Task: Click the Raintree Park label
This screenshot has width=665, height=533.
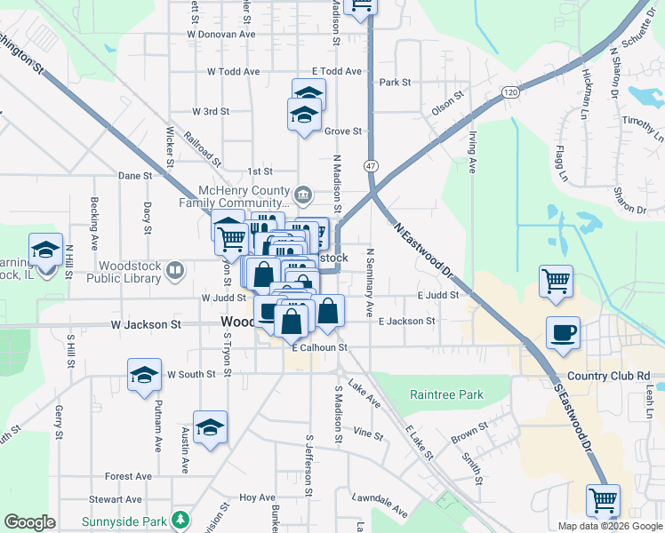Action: (445, 394)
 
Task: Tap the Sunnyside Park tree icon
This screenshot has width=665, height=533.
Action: (181, 519)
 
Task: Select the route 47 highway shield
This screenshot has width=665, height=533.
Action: (371, 166)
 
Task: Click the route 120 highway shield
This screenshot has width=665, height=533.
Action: (509, 91)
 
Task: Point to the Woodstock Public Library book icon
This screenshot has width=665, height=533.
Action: (176, 269)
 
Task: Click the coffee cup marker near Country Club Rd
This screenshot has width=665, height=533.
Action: (563, 334)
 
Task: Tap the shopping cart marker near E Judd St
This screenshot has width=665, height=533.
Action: (556, 282)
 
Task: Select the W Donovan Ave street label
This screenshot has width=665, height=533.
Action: (220, 34)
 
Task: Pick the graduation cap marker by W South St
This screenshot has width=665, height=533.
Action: (144, 376)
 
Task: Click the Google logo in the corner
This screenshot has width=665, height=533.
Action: (29, 522)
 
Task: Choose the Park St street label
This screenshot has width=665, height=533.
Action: (394, 82)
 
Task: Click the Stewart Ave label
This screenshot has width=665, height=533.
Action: (121, 499)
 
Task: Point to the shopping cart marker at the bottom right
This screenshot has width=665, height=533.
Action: (604, 501)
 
